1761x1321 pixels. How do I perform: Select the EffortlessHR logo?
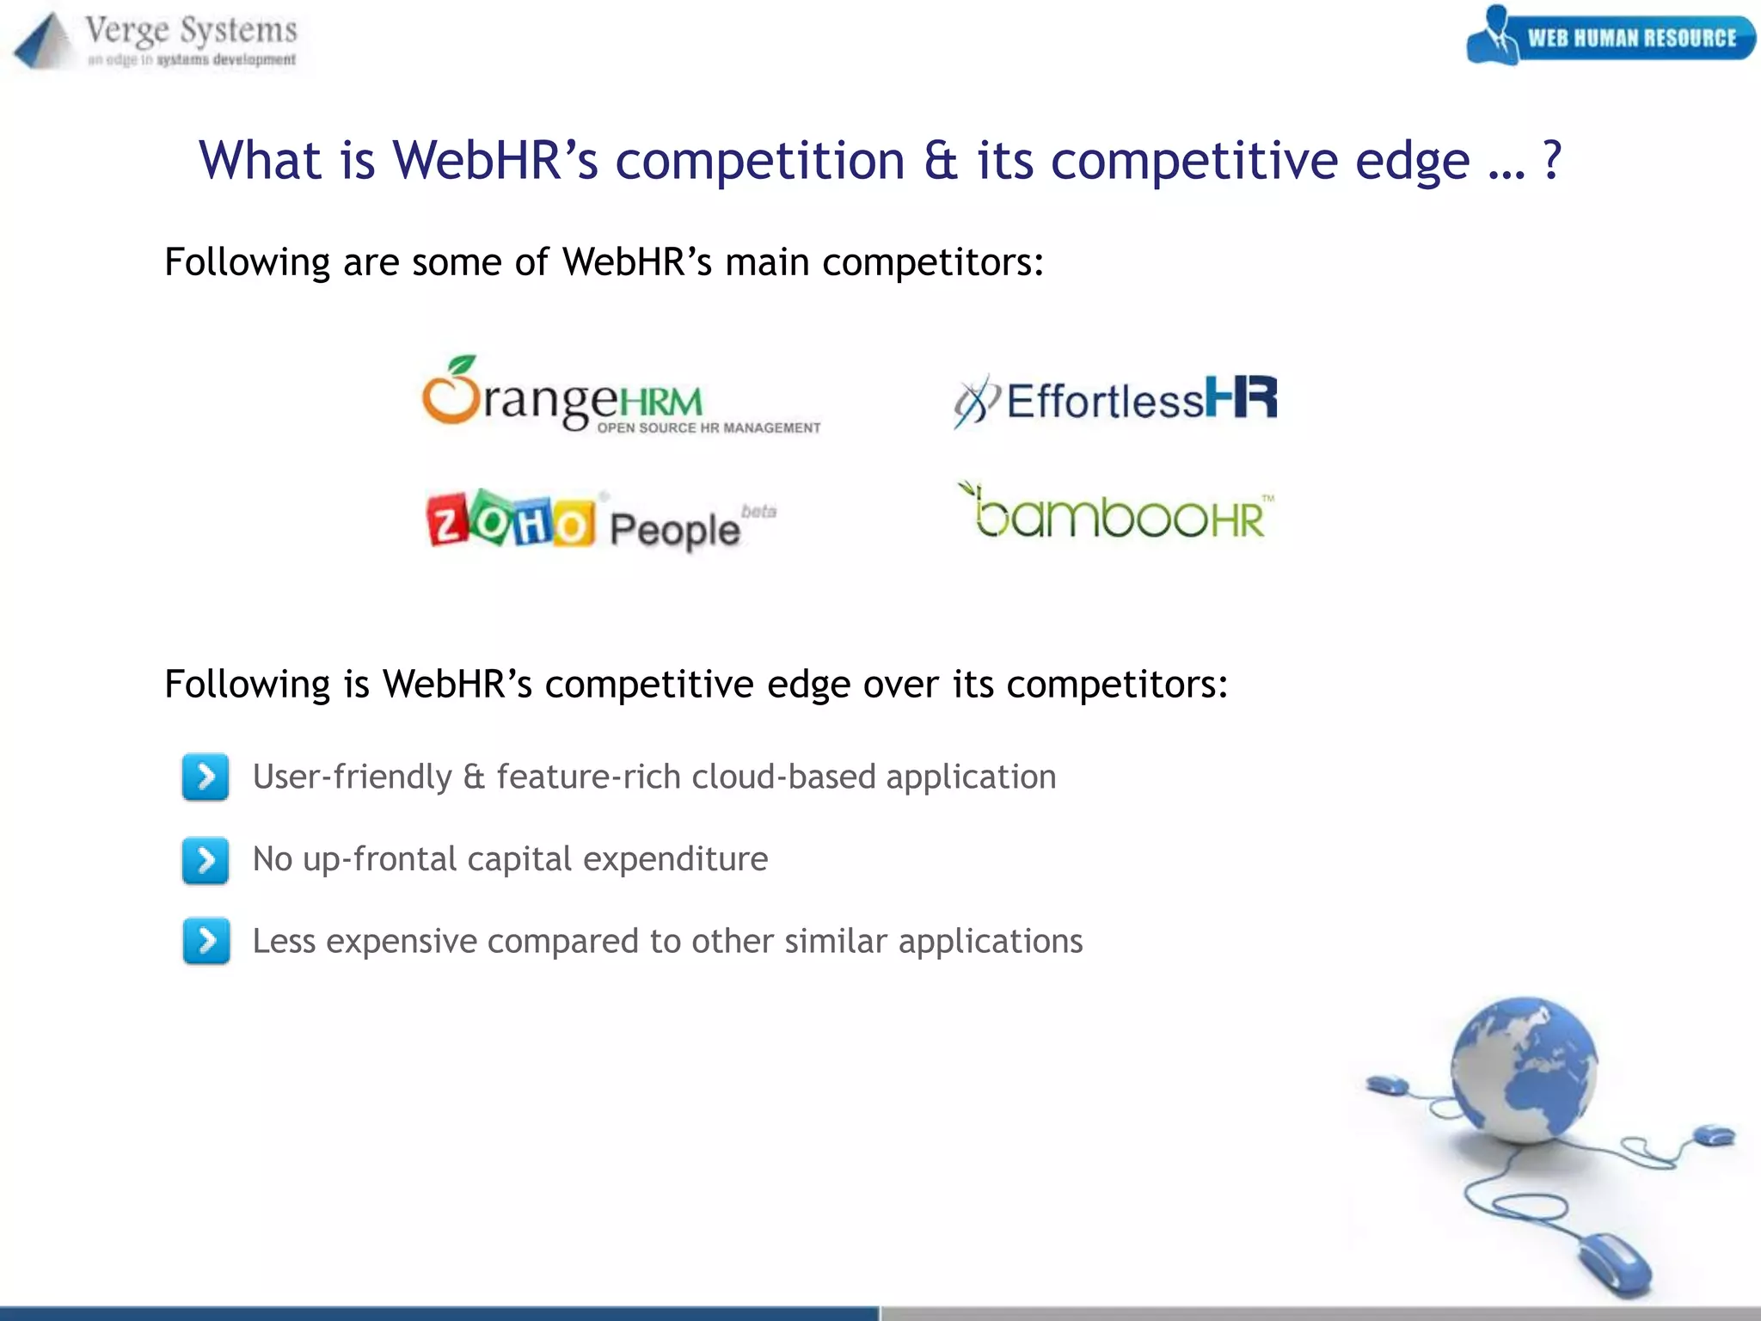[1115, 401]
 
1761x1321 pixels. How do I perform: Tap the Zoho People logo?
[600, 521]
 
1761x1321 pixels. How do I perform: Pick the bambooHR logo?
[1115, 513]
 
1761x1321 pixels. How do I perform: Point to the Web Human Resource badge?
[1610, 37]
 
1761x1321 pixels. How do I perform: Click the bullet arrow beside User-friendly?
[206, 777]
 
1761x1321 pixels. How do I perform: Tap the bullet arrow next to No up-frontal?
[206, 859]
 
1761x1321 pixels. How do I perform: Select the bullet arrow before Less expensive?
[206, 941]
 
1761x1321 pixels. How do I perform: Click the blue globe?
[1524, 1070]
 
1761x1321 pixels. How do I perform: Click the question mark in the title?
[1551, 161]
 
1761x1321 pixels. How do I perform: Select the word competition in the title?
[760, 161]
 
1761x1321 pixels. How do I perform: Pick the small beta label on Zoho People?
[758, 512]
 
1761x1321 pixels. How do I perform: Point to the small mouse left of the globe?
[1387, 1084]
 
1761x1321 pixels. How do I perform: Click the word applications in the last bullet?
[990, 941]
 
